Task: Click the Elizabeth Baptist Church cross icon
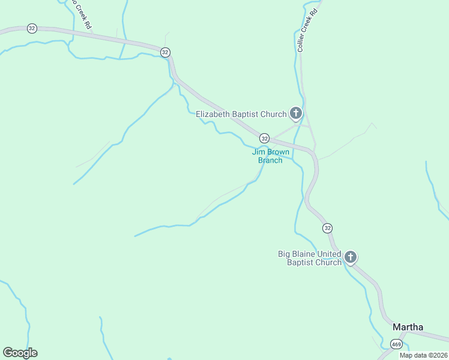[295, 113]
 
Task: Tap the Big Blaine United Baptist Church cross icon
[351, 257]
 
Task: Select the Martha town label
[408, 327]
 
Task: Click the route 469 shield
[396, 344]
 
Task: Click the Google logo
[20, 352]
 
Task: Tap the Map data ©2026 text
[423, 355]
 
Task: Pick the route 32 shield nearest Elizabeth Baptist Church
[264, 138]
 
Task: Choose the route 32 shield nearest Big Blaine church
[327, 228]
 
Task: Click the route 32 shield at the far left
[32, 28]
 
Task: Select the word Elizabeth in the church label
[212, 114]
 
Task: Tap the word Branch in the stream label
[270, 160]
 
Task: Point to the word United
[329, 254]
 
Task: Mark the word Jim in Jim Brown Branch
[258, 152]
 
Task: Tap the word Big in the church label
[284, 254]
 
